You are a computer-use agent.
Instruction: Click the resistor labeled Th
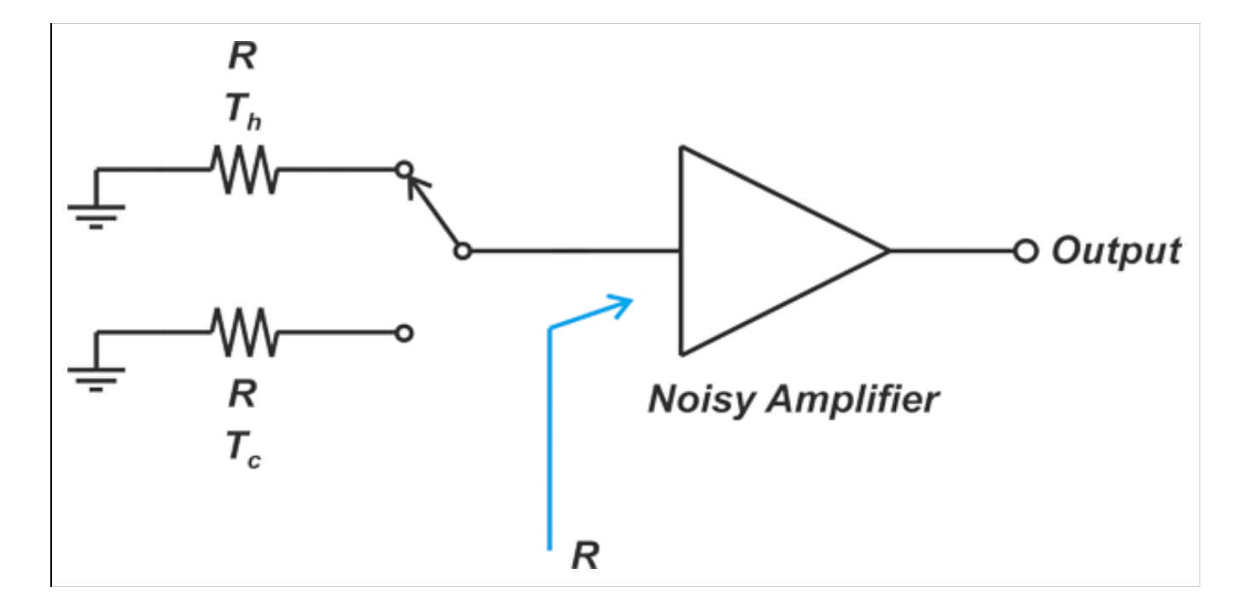tap(244, 170)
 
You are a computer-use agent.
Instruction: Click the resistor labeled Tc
tap(244, 333)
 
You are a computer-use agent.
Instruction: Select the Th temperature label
tap(243, 112)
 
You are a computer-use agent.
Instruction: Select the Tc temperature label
tap(243, 449)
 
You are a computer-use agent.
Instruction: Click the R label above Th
tap(242, 56)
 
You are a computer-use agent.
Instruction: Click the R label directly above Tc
tap(242, 394)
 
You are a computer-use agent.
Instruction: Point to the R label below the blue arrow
tap(585, 555)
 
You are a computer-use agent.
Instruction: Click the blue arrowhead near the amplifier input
tap(620, 305)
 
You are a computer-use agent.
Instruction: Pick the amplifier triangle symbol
tap(785, 251)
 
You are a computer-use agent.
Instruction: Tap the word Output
tap(1116, 252)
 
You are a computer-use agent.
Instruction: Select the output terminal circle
tap(1025, 252)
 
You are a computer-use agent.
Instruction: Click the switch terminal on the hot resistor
tap(404, 169)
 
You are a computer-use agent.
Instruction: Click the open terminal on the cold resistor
tap(404, 333)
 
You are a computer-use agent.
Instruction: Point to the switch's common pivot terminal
tap(462, 252)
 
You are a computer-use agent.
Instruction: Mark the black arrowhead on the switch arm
tap(417, 186)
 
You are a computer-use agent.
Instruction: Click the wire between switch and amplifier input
tap(576, 252)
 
